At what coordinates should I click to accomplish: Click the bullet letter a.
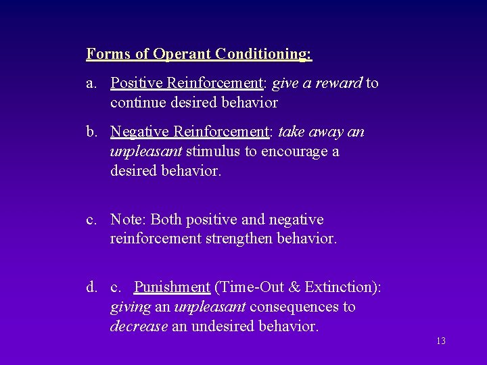tap(90, 83)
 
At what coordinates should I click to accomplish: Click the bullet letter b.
tap(91, 132)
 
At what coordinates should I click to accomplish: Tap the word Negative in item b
tap(139, 132)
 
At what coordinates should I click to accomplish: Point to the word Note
tap(127, 220)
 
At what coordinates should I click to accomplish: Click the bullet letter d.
tap(91, 287)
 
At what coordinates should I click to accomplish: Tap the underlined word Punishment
tap(172, 287)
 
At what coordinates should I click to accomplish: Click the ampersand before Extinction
tap(294, 287)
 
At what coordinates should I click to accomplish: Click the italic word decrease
tap(139, 326)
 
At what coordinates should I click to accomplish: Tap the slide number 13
tap(441, 341)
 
